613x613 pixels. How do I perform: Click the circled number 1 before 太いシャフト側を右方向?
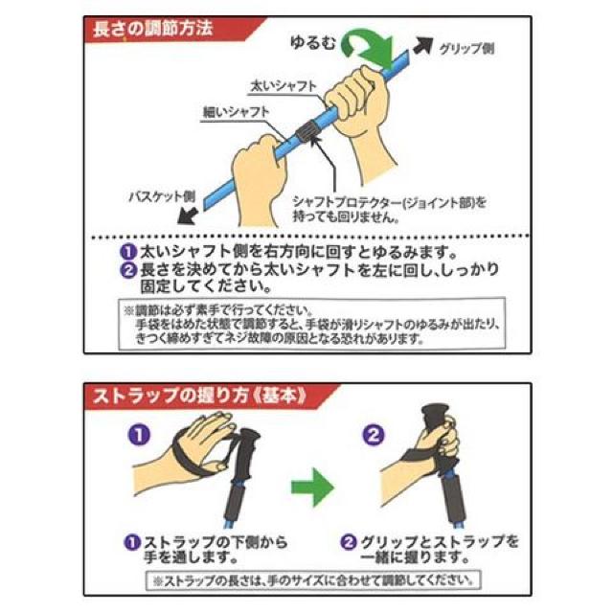[x=127, y=253]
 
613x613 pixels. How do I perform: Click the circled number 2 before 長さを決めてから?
[x=127, y=270]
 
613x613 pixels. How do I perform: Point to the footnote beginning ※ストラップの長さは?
[x=311, y=579]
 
